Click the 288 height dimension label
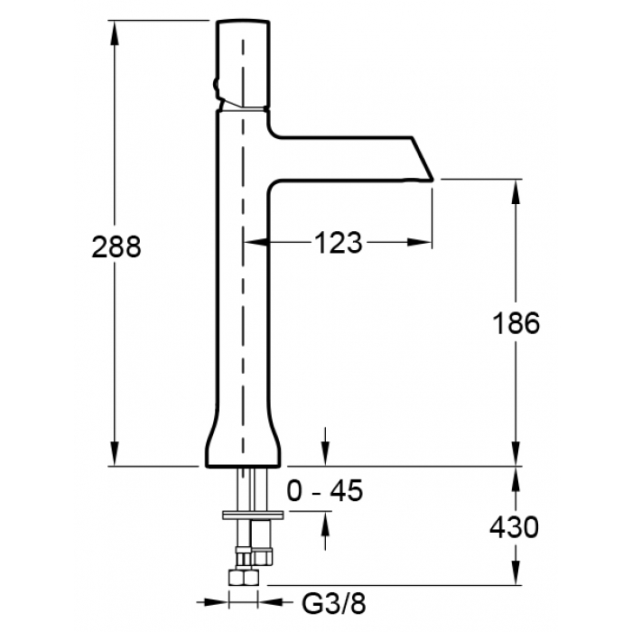116,246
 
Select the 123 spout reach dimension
338,243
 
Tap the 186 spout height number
516,322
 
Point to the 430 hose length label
514,526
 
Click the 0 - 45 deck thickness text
325,490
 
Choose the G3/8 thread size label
334,603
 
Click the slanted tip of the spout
423,159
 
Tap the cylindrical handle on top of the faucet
243,64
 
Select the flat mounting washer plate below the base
253,515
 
